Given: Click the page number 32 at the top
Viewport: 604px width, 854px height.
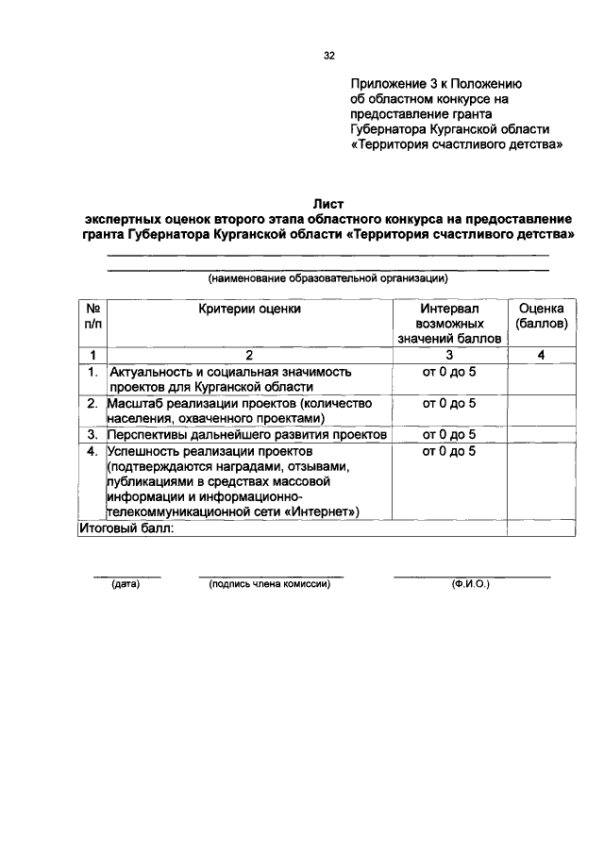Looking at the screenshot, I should [x=329, y=56].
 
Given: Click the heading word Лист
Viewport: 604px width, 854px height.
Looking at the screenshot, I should [x=329, y=202].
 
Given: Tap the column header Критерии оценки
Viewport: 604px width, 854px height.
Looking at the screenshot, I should [x=250, y=309].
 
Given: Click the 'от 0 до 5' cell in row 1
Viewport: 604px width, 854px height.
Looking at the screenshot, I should [x=449, y=372].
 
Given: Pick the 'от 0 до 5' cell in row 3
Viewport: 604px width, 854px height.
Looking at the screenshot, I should [x=449, y=435].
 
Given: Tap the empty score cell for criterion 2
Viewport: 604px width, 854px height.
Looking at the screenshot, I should [x=542, y=410].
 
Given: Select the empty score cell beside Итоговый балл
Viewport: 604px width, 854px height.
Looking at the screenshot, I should [x=542, y=528].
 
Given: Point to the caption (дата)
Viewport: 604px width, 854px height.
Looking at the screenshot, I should [x=126, y=584].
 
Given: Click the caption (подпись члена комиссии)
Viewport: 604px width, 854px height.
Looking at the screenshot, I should [x=269, y=584].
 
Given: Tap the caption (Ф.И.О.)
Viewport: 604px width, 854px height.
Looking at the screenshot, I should [x=471, y=584].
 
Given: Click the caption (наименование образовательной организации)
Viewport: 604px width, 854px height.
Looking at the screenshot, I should [x=327, y=278].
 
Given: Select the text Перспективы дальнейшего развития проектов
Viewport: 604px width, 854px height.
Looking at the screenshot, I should [x=247, y=435].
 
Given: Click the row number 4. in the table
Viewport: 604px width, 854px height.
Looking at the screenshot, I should [x=92, y=451].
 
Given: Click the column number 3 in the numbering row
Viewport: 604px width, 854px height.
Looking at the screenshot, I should [x=449, y=355].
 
